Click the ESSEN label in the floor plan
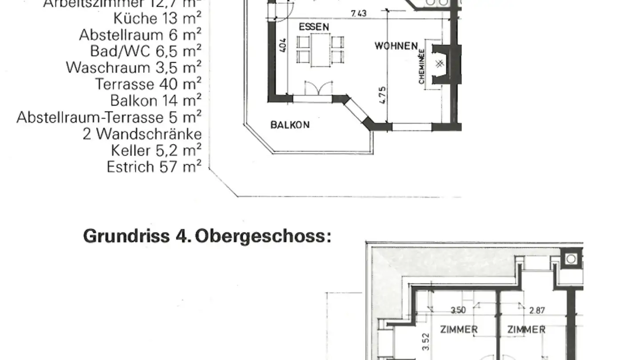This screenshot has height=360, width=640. [x=314, y=27]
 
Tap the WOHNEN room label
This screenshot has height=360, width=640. [x=396, y=46]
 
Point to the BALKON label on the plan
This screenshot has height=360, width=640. [x=290, y=125]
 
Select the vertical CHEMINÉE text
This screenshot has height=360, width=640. [x=421, y=67]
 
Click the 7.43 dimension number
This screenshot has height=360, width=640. [x=359, y=13]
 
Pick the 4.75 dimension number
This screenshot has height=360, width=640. [x=383, y=95]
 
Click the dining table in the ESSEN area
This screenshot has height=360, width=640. [x=320, y=50]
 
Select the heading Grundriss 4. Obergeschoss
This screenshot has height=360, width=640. [x=207, y=236]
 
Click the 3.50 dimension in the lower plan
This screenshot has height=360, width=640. [x=458, y=311]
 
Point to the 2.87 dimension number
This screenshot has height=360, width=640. [x=537, y=311]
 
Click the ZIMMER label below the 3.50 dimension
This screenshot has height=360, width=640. [x=459, y=330]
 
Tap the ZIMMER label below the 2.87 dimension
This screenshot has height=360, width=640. [x=527, y=330]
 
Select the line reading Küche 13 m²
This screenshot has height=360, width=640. [x=157, y=18]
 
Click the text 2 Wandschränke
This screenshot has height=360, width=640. [x=142, y=134]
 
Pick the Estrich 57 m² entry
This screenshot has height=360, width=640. [x=154, y=167]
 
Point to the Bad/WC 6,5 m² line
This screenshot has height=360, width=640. [x=146, y=51]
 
